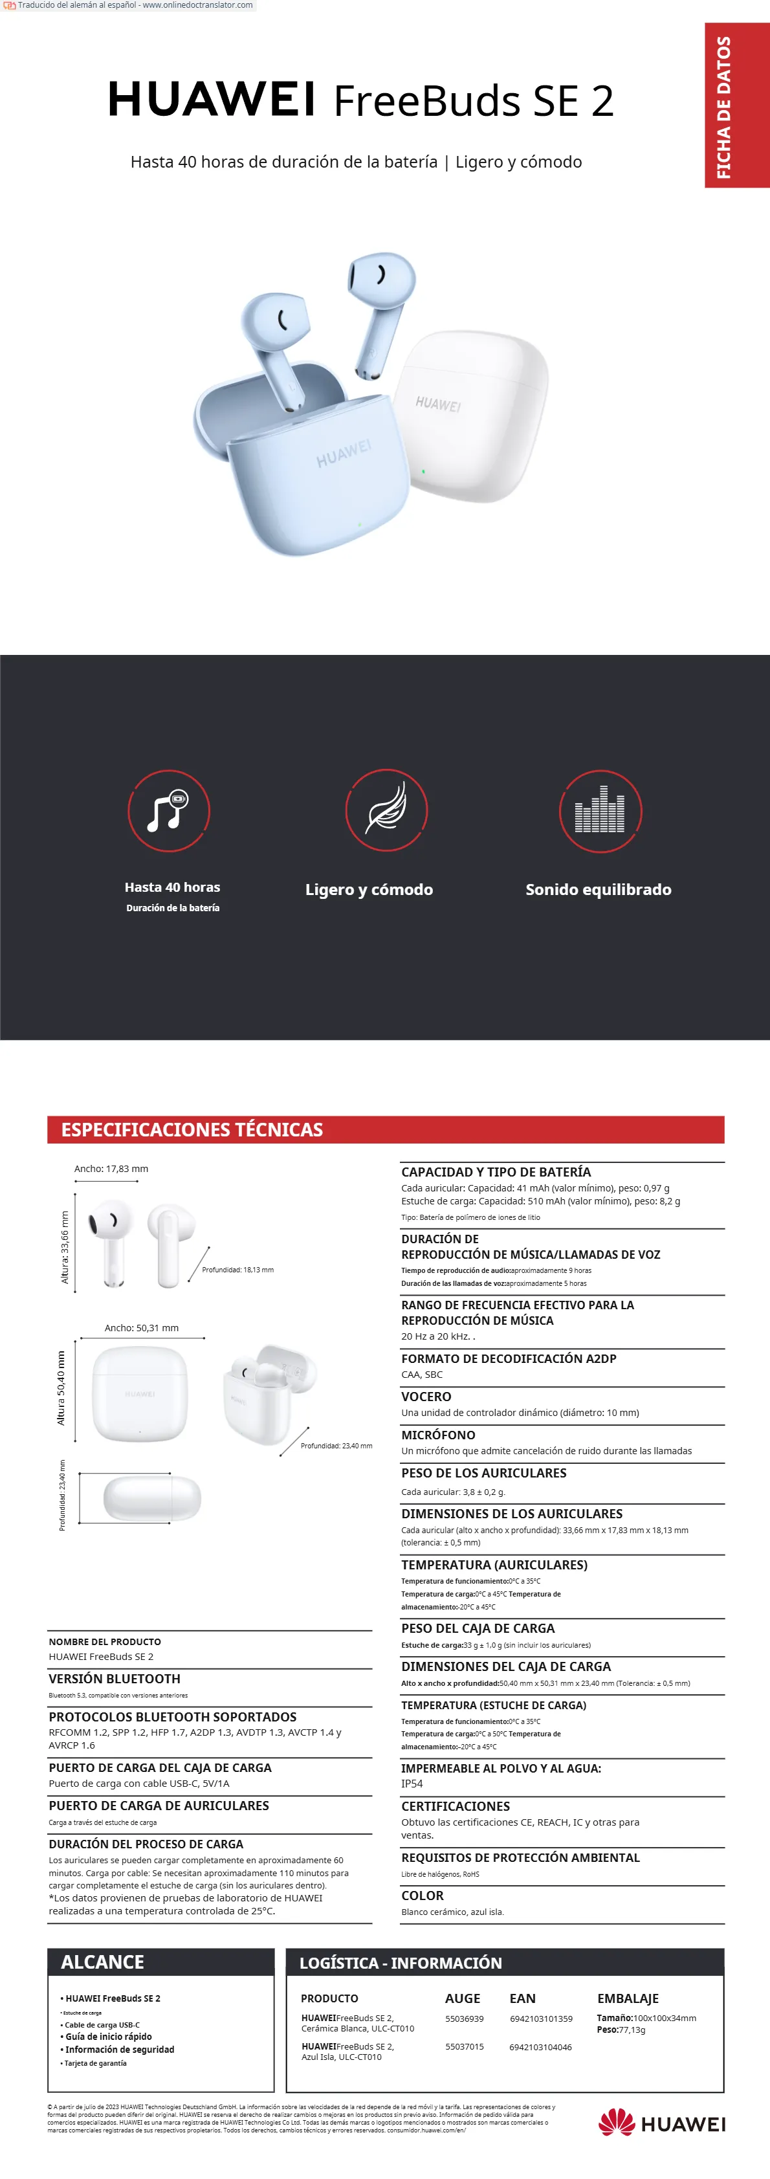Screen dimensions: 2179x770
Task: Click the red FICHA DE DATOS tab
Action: (x=736, y=105)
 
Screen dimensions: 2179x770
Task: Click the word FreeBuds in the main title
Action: (x=426, y=102)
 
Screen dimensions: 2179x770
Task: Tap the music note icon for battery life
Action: (x=168, y=810)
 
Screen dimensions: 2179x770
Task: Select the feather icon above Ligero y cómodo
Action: (x=386, y=810)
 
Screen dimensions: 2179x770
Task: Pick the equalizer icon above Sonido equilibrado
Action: (x=600, y=810)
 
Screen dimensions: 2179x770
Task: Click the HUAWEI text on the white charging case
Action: (x=438, y=403)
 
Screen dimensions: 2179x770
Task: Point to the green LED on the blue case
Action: (x=360, y=524)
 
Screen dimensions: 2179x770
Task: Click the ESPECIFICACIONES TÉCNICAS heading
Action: (x=192, y=1129)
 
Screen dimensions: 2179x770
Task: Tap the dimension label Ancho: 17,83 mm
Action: (x=111, y=1168)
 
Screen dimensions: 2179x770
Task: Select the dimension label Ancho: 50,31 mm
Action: (x=141, y=1327)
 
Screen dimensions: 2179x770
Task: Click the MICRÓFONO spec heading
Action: (x=438, y=1435)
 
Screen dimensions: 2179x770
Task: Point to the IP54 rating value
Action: (x=412, y=1783)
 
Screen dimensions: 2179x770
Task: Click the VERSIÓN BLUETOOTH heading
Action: (x=115, y=1678)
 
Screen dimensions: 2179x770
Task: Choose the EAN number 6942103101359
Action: (x=541, y=2019)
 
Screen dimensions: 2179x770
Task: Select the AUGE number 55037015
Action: (x=465, y=2046)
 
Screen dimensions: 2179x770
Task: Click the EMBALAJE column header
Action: (x=628, y=1998)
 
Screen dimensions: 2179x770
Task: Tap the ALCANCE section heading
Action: (x=102, y=1962)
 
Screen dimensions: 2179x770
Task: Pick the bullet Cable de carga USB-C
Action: (x=102, y=2024)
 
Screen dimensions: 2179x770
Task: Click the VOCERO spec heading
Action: (x=426, y=1397)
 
